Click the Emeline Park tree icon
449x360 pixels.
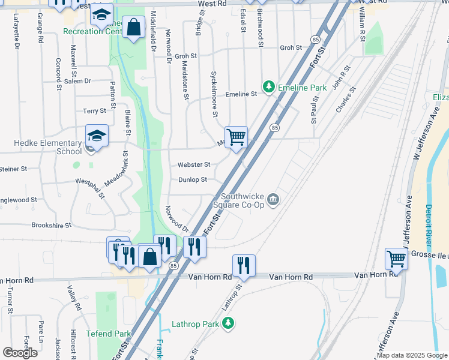tap(269, 88)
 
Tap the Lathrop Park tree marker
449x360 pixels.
tap(228, 324)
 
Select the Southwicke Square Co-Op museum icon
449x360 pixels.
tap(274, 200)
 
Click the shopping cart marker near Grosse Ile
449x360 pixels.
tap(396, 259)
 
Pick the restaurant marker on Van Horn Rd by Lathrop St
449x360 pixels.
tap(244, 265)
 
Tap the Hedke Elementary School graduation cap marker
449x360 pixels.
tap(97, 136)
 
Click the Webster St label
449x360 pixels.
tap(194, 164)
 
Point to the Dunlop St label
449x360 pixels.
tap(192, 179)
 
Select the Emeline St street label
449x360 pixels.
tap(241, 94)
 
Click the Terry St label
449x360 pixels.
tap(94, 111)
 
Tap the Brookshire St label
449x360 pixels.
tap(52, 226)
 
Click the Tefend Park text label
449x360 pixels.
tap(108, 334)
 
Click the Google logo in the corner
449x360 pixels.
tap(20, 353)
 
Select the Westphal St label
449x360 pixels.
tap(89, 187)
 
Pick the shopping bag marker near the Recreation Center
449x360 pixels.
tap(133, 28)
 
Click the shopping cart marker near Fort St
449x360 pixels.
tap(236, 137)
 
